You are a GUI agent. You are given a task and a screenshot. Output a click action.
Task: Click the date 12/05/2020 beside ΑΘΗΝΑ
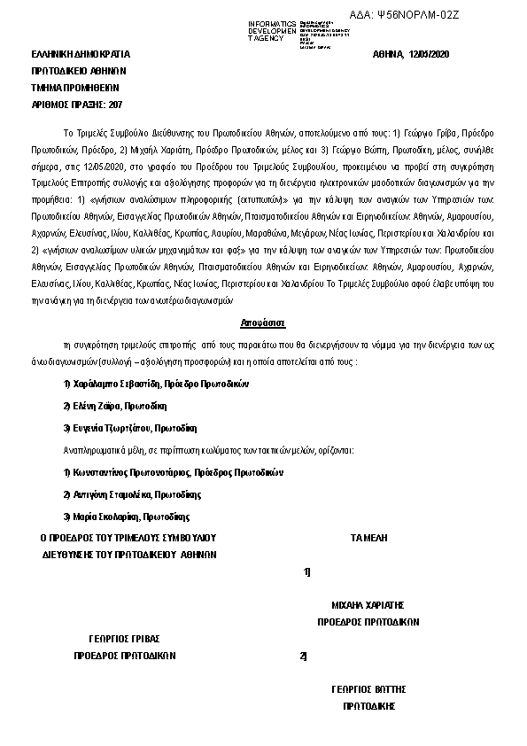[430, 55]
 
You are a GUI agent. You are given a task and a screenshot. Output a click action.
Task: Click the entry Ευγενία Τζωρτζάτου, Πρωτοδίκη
[124, 428]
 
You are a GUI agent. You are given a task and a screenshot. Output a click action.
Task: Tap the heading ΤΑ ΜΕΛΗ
[368, 538]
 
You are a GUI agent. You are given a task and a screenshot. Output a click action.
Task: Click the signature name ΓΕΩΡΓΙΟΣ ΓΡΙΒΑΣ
[125, 638]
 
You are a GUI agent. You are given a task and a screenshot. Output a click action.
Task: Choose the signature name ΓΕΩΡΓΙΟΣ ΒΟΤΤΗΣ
[368, 688]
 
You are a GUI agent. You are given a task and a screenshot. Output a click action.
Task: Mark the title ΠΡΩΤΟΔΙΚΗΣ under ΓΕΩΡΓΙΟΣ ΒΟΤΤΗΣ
[368, 706]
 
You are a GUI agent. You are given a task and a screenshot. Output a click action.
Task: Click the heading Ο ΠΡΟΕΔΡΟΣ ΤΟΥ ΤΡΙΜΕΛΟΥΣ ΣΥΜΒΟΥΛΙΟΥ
[129, 538]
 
